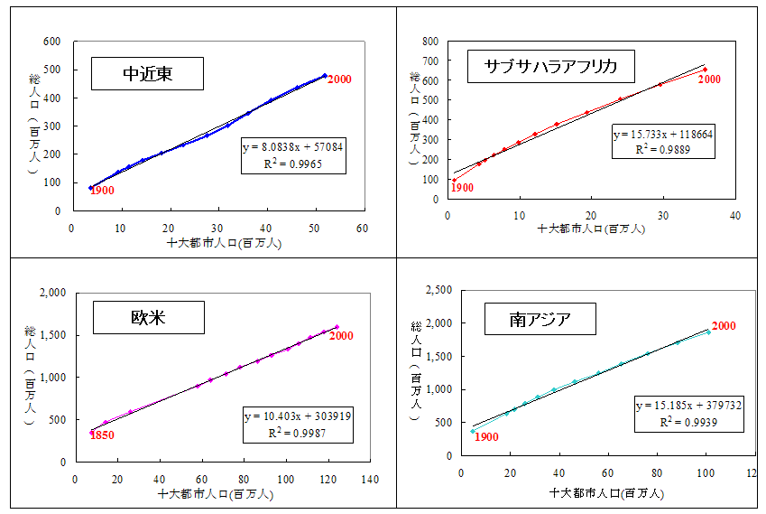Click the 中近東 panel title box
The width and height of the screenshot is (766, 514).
click(x=147, y=74)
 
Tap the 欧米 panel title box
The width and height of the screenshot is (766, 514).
click(x=149, y=316)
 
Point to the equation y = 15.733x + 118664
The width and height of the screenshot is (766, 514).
click(x=663, y=135)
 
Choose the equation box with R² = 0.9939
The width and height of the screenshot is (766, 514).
click(x=688, y=413)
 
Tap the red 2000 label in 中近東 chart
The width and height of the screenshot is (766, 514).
click(x=339, y=79)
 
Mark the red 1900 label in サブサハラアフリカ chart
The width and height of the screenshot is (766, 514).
click(x=462, y=188)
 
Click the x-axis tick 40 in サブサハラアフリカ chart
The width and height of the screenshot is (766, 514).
click(x=735, y=216)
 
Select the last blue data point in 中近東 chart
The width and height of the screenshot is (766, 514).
click(x=325, y=76)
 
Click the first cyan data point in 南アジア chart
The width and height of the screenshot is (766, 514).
click(x=472, y=431)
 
